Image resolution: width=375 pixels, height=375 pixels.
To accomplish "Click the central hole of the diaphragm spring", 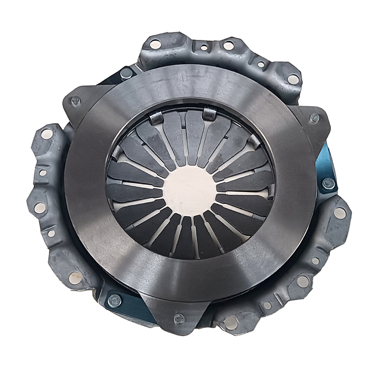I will (190, 190).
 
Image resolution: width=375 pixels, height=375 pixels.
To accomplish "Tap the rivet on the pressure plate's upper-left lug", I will (75, 101).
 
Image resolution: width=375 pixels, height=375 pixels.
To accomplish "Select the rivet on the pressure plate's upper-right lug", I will (315, 118).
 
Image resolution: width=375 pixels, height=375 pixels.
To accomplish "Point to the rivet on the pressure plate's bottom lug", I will (179, 319).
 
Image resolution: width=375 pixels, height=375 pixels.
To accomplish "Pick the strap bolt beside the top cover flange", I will (126, 73).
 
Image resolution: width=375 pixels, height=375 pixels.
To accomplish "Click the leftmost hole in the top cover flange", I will (155, 44).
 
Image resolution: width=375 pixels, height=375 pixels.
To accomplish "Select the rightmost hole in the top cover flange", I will (293, 79).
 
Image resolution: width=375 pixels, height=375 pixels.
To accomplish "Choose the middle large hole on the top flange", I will (228, 45).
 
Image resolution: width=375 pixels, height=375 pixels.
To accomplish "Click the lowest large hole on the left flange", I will (75, 277).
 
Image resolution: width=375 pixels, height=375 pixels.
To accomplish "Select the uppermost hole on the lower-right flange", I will (340, 213).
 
